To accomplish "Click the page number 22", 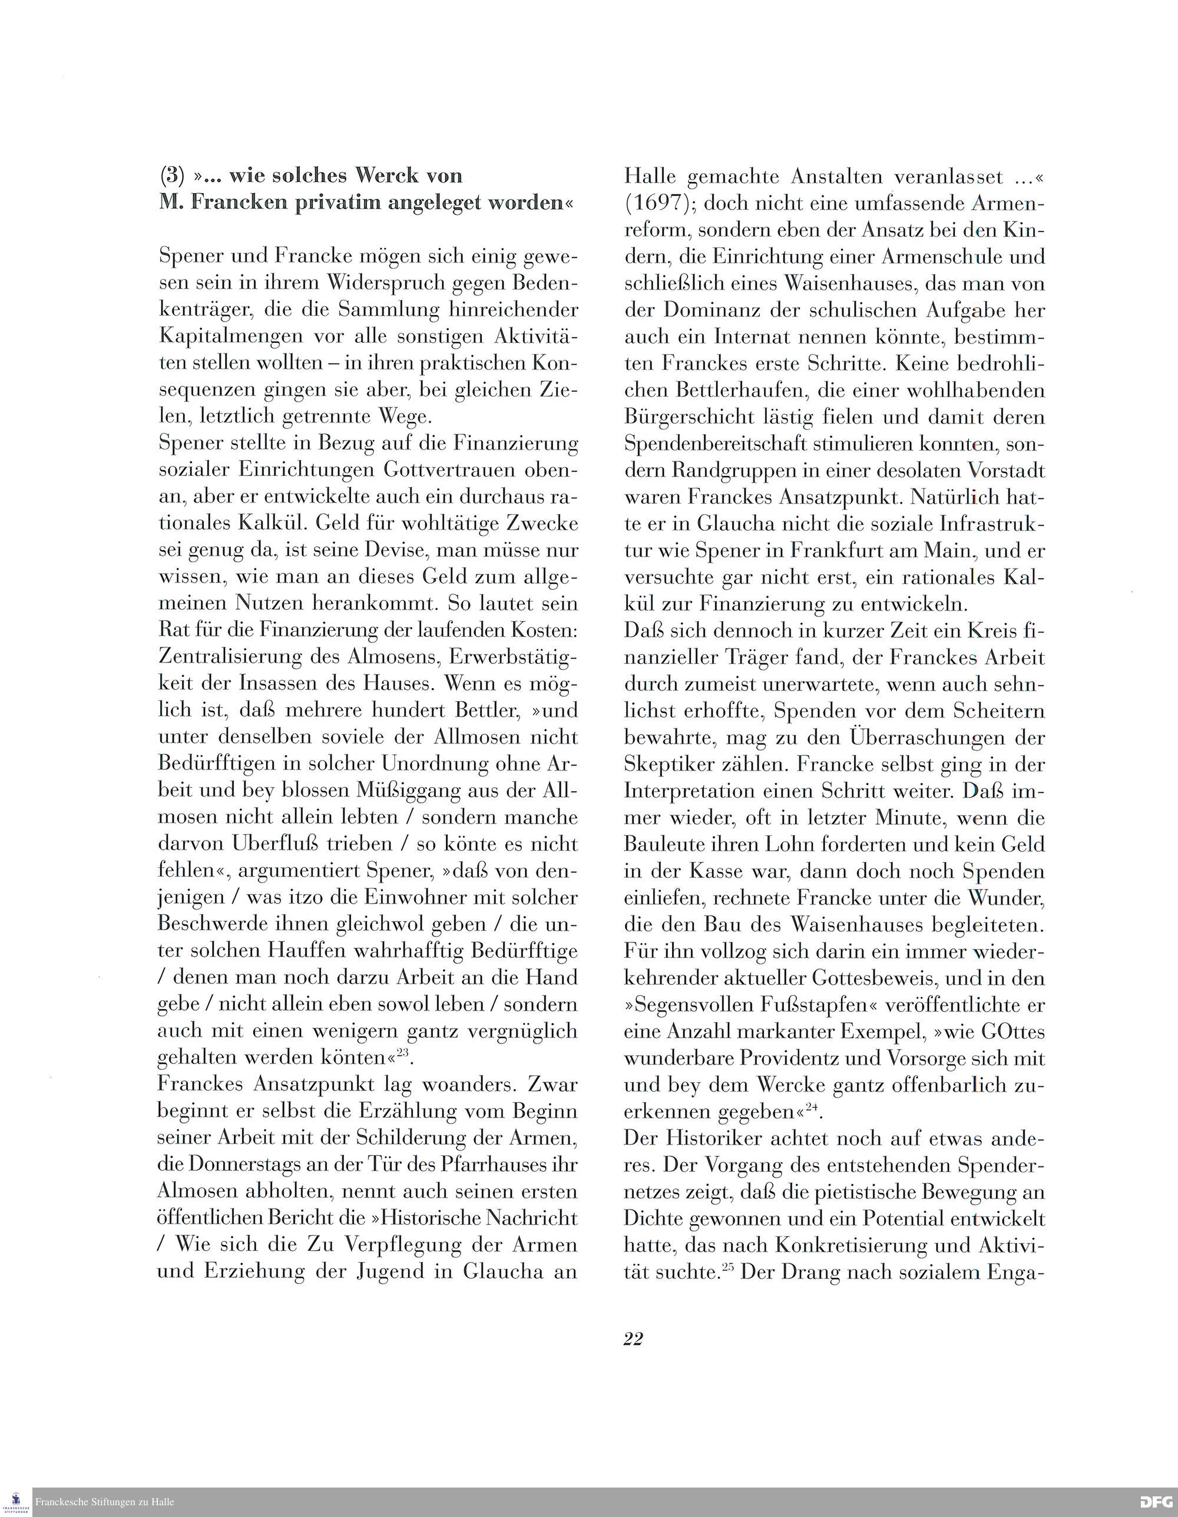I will (x=633, y=1339).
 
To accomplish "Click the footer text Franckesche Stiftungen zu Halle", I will (x=105, y=1502).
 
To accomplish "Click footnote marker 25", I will (x=728, y=1267).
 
